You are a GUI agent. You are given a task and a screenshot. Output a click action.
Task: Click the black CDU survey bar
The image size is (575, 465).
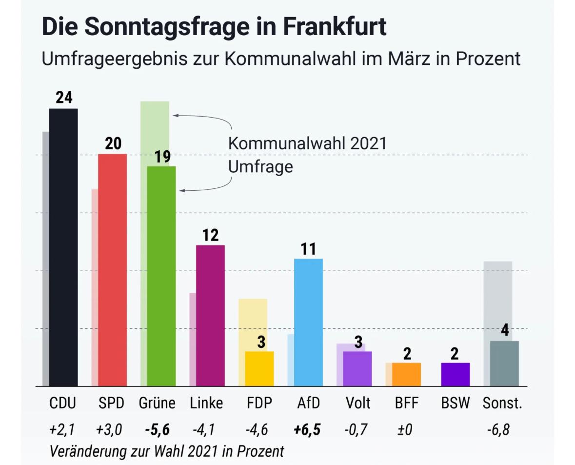click(63, 247)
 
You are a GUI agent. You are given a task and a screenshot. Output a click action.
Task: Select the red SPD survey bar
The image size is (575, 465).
click(113, 270)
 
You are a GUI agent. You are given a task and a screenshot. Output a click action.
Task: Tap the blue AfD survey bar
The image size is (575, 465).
click(308, 322)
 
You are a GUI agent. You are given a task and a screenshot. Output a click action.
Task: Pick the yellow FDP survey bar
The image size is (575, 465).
click(259, 368)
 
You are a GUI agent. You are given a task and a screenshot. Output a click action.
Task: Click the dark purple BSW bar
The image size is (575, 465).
click(455, 374)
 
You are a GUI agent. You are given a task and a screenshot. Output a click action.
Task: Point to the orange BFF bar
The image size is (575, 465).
click(406, 374)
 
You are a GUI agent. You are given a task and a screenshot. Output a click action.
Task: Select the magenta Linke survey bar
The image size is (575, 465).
click(210, 315)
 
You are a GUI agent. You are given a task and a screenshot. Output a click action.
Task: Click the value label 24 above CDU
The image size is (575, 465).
click(64, 98)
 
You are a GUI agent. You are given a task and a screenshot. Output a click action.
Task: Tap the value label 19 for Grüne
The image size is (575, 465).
click(162, 157)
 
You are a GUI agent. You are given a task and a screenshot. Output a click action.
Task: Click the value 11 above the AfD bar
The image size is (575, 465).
click(308, 249)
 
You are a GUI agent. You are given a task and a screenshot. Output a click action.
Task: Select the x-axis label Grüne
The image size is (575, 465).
click(157, 404)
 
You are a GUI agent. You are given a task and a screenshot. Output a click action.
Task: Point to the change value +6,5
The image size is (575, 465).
click(307, 430)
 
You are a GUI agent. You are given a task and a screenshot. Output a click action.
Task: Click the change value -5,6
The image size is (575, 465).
click(157, 430)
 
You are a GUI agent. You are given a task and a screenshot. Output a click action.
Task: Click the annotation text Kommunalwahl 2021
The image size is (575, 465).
click(307, 144)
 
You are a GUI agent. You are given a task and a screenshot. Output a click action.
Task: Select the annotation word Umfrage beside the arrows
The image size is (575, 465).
click(260, 167)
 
